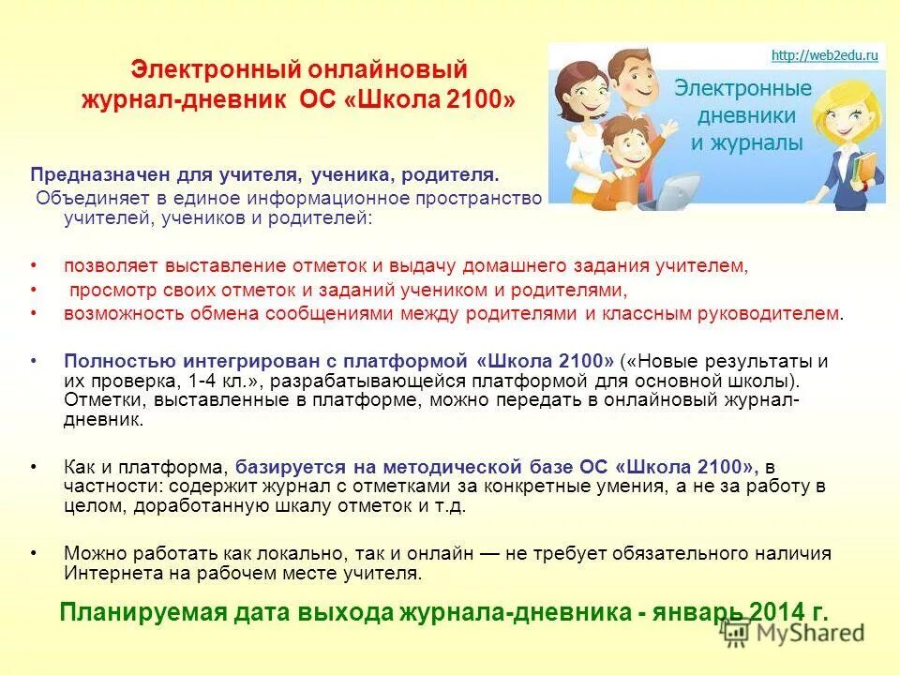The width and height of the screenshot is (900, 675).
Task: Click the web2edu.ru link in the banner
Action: coord(824,55)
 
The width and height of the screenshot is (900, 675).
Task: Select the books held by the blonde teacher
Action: coord(868,174)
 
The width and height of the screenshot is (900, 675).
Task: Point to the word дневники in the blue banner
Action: coord(747,116)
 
